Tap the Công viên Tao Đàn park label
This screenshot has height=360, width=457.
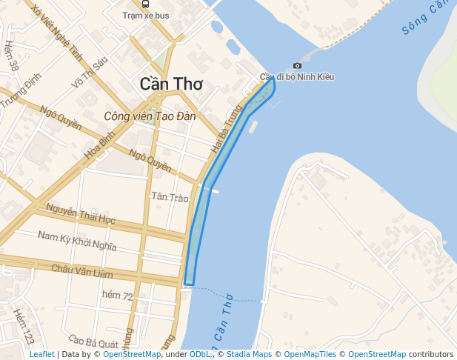(149, 116)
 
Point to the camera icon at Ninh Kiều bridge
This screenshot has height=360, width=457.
(297, 65)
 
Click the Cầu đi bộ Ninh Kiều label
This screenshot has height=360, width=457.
(297, 77)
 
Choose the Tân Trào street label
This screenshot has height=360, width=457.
(170, 196)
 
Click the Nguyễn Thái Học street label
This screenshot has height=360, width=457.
(80, 215)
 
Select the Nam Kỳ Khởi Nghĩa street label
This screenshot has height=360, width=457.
(77, 241)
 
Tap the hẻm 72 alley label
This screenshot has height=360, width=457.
(118, 296)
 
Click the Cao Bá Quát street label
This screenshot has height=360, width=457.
(93, 343)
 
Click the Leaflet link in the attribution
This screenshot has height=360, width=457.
(42, 354)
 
